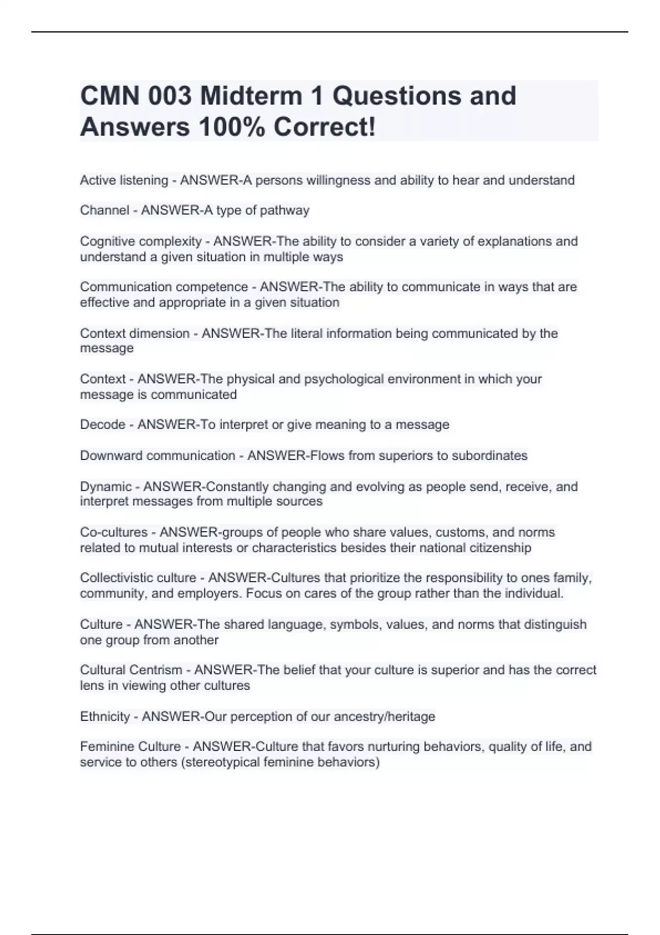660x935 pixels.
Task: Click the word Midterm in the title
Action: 251,96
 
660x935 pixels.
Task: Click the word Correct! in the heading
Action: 324,127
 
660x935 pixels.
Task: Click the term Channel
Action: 105,210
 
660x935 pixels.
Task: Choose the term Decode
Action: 102,425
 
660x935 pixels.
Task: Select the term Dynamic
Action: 106,487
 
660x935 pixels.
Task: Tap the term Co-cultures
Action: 113,532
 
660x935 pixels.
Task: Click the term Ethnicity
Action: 105,717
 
